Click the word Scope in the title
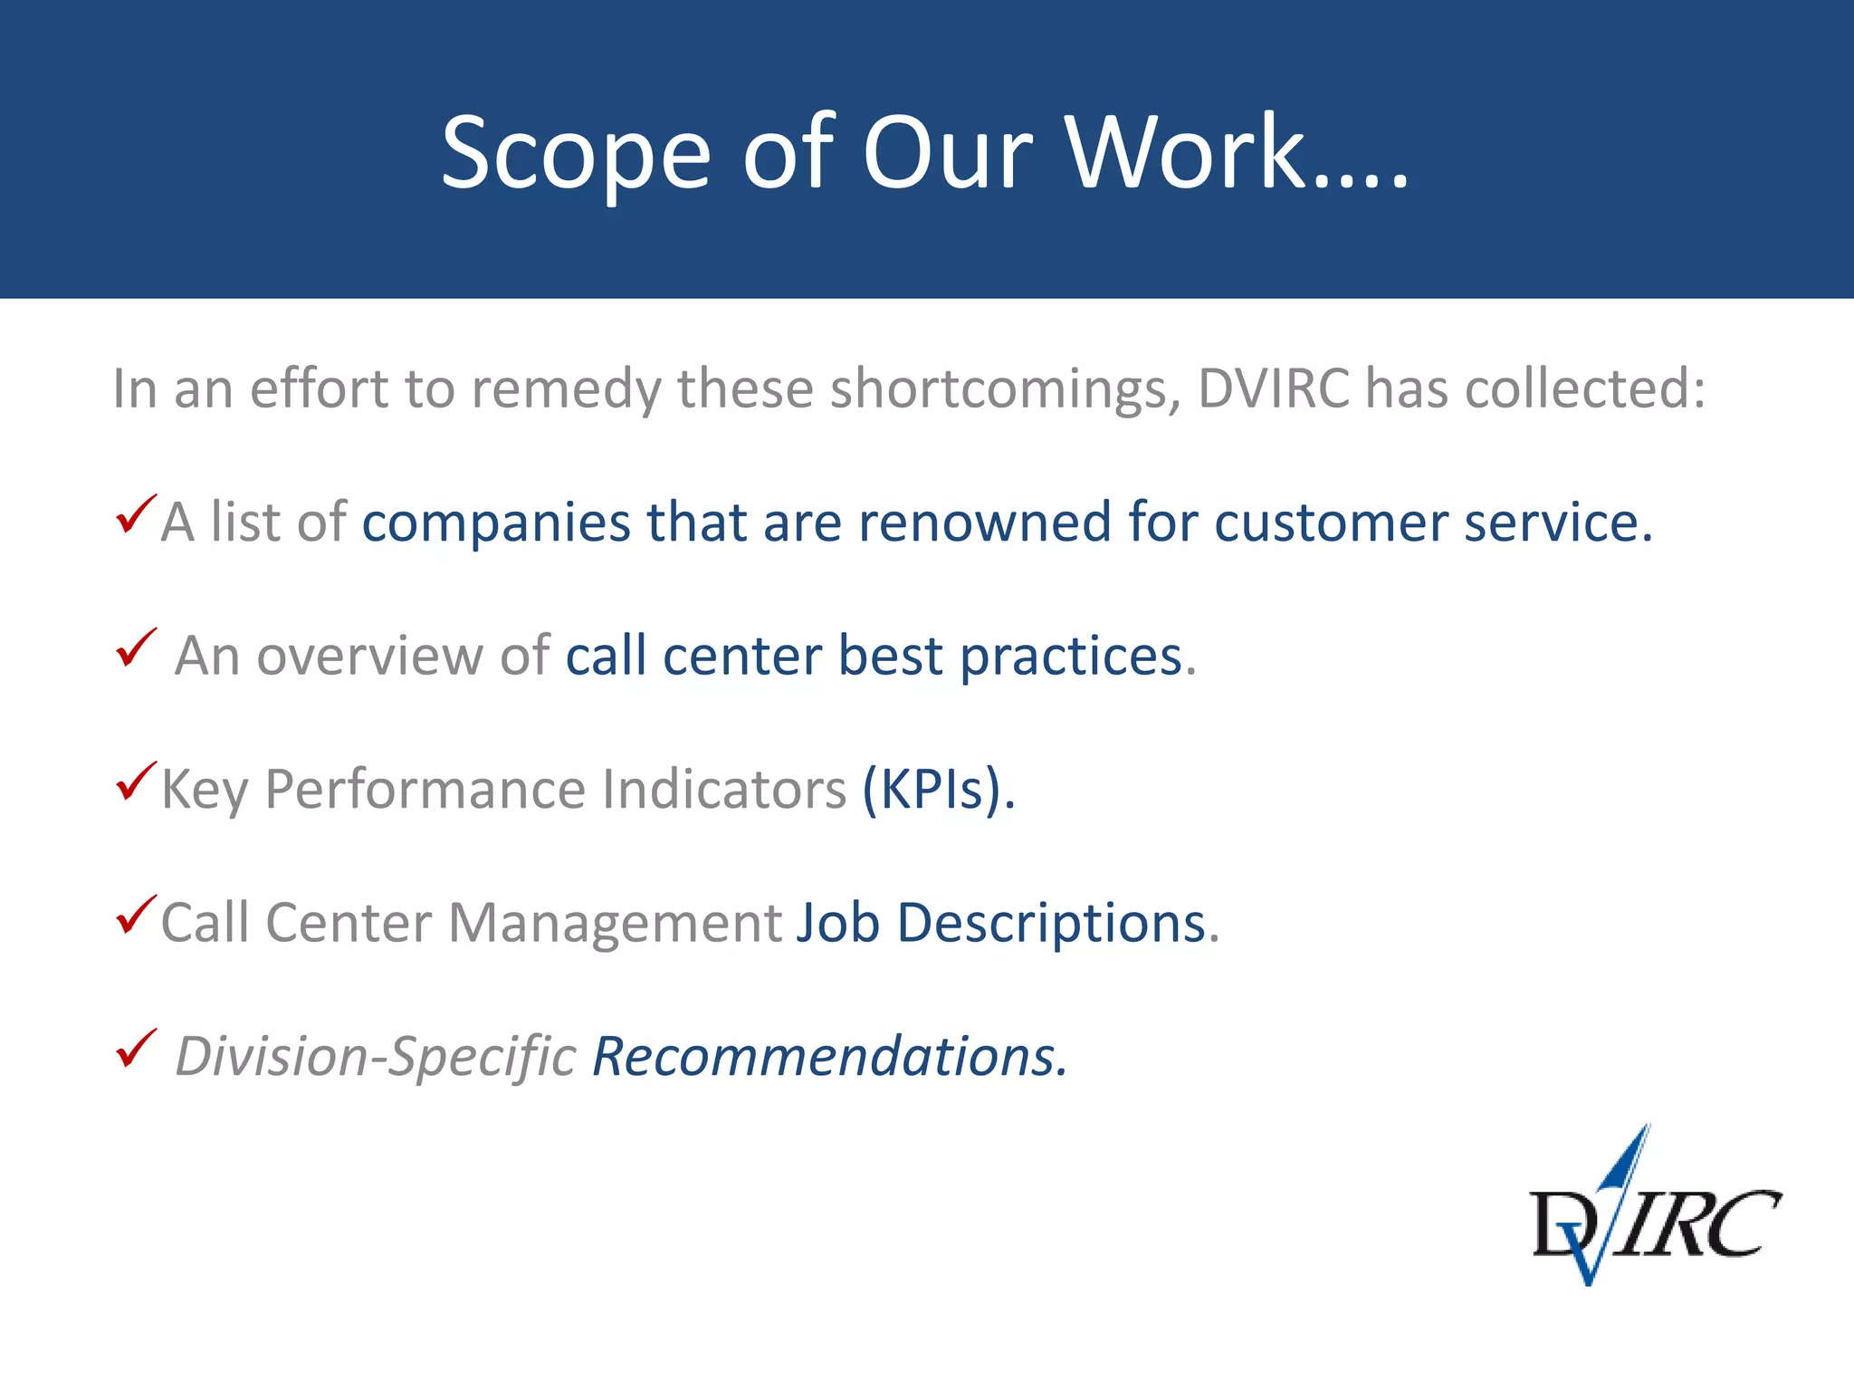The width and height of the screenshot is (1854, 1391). [576, 154]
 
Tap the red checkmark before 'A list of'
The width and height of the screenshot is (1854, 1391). [136, 515]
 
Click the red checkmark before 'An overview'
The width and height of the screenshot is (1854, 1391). [136, 648]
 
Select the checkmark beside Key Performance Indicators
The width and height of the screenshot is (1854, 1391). [136, 782]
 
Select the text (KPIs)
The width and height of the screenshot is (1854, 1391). [939, 790]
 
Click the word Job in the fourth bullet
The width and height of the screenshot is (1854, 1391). [837, 923]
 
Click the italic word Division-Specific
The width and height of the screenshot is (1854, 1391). [375, 1057]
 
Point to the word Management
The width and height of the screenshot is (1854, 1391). [615, 925]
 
